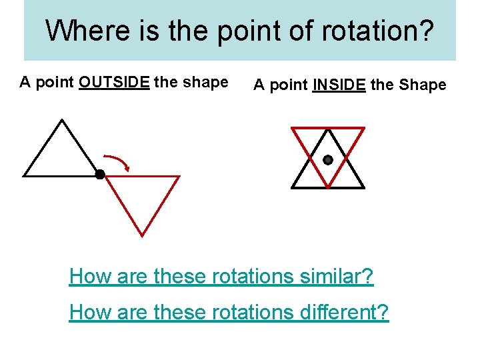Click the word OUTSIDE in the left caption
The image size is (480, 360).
point(114,83)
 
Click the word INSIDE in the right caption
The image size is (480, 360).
point(339,85)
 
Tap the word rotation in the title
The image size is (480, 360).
point(373,31)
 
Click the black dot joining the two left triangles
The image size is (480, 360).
point(100,175)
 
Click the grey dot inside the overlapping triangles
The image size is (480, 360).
point(328,160)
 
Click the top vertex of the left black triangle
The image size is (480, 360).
point(61,120)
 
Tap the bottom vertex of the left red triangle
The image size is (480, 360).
point(142,235)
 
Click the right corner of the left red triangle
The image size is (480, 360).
point(179,177)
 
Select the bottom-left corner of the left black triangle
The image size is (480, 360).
point(25,176)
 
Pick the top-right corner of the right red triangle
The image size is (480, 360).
point(364,127)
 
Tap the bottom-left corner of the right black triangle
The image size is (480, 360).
point(292,187)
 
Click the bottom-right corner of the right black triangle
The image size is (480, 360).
point(364,187)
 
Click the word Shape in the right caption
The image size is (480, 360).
point(422,85)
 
